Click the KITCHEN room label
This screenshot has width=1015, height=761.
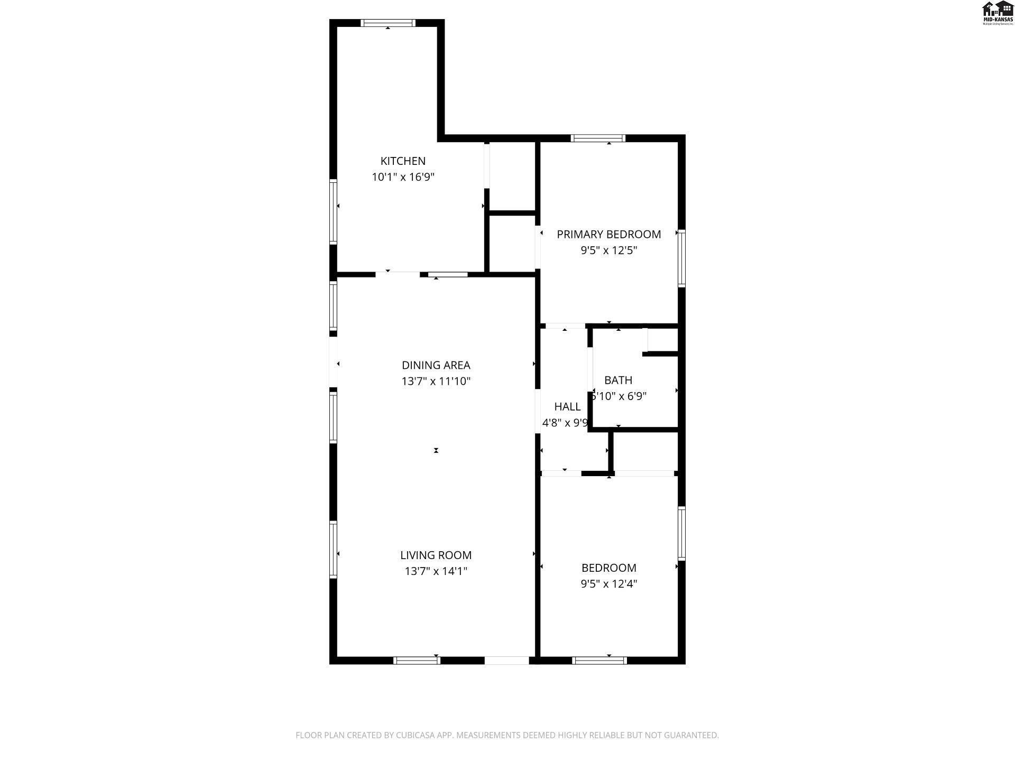click(x=403, y=161)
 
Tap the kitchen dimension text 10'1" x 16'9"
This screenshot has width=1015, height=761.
click(x=403, y=177)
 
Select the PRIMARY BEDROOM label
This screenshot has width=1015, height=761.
click(x=608, y=234)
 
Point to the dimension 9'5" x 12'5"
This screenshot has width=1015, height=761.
click(x=608, y=250)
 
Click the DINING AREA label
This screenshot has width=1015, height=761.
click(x=436, y=365)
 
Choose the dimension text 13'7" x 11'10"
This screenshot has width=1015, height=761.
click(x=436, y=381)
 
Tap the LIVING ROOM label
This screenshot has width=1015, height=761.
click(x=436, y=555)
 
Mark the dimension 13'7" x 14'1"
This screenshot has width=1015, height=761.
click(x=436, y=571)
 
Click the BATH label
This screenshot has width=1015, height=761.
click(x=618, y=380)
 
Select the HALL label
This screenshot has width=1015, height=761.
click(x=567, y=406)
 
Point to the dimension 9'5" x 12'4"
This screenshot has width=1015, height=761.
click(x=608, y=584)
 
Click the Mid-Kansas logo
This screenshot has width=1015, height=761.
click(x=998, y=13)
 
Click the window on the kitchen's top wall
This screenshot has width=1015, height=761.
click(x=388, y=23)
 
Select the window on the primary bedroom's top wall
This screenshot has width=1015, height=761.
click(x=598, y=138)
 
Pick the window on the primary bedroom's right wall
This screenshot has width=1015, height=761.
click(x=681, y=258)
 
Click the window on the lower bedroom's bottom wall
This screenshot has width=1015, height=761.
click(x=599, y=660)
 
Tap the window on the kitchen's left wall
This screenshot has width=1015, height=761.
click(x=333, y=211)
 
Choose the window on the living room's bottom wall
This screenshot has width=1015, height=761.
click(x=417, y=660)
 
